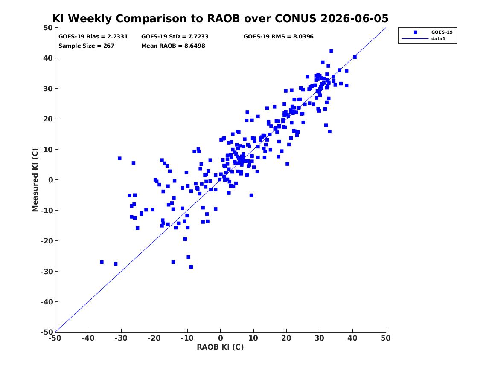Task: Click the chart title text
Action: point(220,18)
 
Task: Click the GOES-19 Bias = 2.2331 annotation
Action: point(93,37)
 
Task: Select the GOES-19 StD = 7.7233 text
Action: point(175,37)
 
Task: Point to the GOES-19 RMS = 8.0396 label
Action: point(279,37)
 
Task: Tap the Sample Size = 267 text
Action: point(86,46)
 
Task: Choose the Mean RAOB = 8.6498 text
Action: point(173,46)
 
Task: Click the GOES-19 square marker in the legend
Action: point(415,32)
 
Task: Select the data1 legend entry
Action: point(438,39)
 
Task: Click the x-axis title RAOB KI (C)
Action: point(220,347)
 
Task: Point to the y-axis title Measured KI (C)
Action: point(35,180)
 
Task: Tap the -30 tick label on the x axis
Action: point(121,338)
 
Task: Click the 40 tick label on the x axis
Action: point(352,338)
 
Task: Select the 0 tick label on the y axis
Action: point(50,180)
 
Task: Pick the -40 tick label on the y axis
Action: point(47,302)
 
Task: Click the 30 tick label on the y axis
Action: point(48,89)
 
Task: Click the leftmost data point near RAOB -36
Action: point(102,262)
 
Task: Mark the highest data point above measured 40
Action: point(331,51)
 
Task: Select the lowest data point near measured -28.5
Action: point(191,267)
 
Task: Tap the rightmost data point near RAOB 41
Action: point(355,57)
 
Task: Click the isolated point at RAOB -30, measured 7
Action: point(119,158)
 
